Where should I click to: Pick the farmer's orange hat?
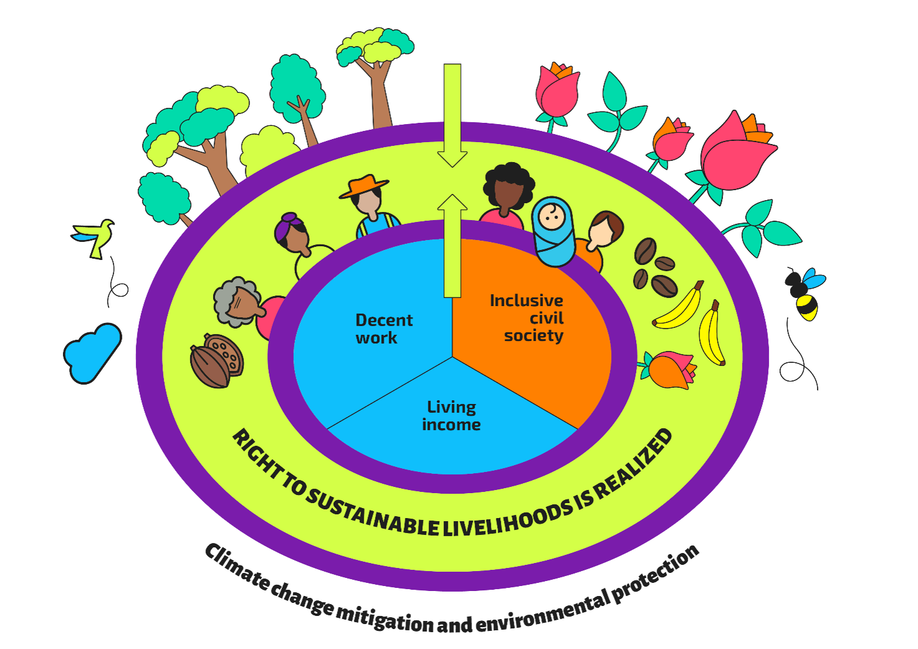tap(364, 186)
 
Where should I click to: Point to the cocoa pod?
tap(216, 360)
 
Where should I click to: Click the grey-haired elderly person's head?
tap(238, 302)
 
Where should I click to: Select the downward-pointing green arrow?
tap(452, 115)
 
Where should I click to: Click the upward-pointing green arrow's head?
tap(452, 203)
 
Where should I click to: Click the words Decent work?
tap(384, 329)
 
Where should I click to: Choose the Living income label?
tap(452, 416)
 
